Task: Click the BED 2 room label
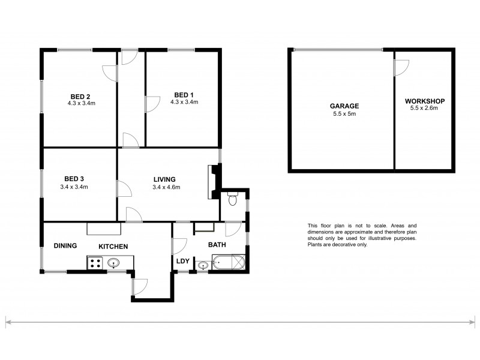pyautogui.click(x=80, y=95)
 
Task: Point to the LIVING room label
pyautogui.click(x=164, y=179)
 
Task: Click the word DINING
pyautogui.click(x=65, y=246)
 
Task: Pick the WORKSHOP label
pyautogui.click(x=424, y=101)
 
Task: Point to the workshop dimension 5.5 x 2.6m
pyautogui.click(x=424, y=109)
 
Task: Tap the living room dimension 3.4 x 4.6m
pyautogui.click(x=166, y=187)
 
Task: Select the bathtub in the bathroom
pyautogui.click(x=229, y=263)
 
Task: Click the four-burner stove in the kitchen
pyautogui.click(x=95, y=262)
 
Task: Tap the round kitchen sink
pyautogui.click(x=113, y=262)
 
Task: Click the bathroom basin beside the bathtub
pyautogui.click(x=204, y=265)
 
